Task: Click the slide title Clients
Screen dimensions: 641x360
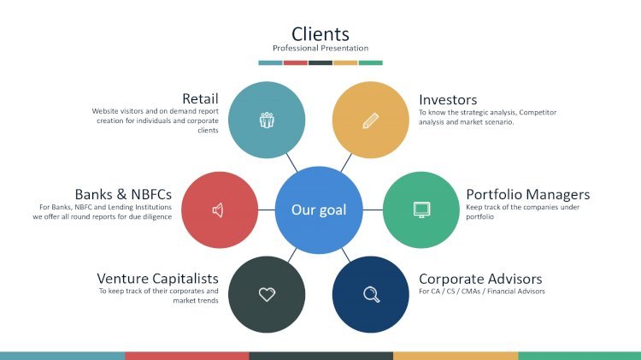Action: [x=320, y=34]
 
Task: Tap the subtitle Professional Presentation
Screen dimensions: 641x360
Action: [x=320, y=48]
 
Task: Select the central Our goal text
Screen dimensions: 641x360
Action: [x=319, y=210]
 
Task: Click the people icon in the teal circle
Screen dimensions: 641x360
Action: [x=267, y=120]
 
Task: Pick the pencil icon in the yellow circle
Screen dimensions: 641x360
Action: [x=371, y=121]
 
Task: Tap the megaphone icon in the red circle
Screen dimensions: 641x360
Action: [x=218, y=210]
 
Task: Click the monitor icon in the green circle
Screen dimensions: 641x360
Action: [x=421, y=210]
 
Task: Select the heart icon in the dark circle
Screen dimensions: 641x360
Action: [x=267, y=294]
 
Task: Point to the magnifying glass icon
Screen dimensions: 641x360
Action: [x=371, y=294]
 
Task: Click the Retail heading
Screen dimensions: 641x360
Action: [x=200, y=98]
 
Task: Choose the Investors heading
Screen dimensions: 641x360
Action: [x=448, y=100]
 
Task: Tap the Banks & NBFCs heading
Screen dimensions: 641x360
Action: [x=123, y=194]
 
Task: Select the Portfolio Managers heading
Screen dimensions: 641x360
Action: [x=528, y=194]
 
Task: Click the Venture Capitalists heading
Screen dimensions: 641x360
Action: [x=158, y=279]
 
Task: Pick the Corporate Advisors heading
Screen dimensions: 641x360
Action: [x=480, y=279]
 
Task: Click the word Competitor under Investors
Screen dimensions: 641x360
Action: [x=538, y=113]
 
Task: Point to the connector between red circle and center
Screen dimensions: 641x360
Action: [x=267, y=210]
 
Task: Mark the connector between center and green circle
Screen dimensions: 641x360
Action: [x=373, y=210]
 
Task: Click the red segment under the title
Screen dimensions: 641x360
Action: [x=296, y=63]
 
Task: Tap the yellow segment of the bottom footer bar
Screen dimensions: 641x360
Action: [x=456, y=356]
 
